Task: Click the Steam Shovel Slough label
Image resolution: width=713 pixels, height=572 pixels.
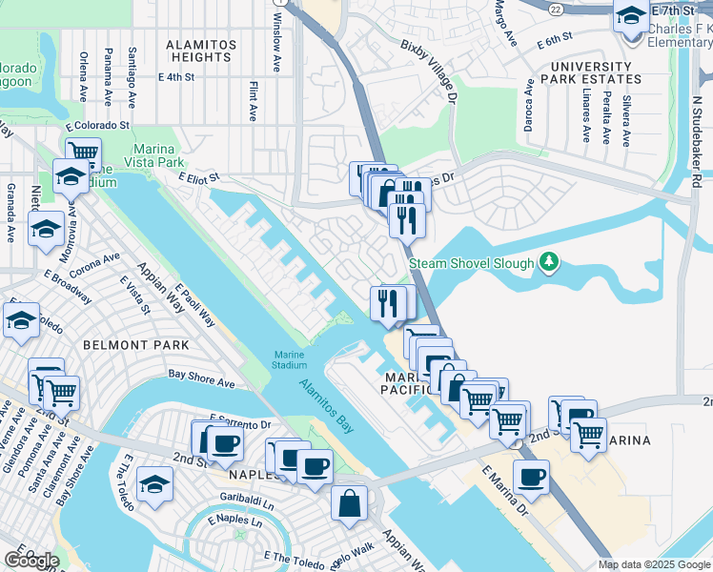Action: [x=471, y=263]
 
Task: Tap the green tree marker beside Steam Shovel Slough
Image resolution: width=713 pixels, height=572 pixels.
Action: [x=548, y=260]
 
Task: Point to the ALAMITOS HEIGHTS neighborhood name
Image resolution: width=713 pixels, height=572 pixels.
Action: [x=198, y=51]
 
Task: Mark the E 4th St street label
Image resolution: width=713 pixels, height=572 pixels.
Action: [x=176, y=77]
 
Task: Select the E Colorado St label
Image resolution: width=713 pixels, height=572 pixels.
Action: [x=97, y=125]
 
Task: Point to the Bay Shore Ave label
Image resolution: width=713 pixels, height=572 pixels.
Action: [x=201, y=379]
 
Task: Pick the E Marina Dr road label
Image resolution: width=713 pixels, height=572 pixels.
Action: [x=504, y=491]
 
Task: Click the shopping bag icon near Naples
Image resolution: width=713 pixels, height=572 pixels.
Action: [x=349, y=501]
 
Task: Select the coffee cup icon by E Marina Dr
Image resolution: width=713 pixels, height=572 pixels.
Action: [x=531, y=477]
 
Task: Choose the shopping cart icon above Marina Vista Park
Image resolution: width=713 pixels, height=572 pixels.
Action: [x=84, y=151]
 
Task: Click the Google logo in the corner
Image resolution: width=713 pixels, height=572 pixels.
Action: [x=31, y=560]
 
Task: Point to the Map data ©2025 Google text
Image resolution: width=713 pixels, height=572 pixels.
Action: [x=653, y=564]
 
